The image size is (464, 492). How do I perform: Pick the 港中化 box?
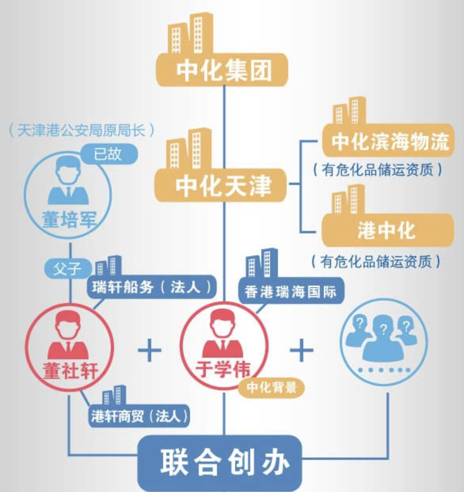click(x=387, y=230)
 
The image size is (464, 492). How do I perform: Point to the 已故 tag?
click(x=108, y=154)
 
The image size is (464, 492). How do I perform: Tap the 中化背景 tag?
click(x=272, y=387)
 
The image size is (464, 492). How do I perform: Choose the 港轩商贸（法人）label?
click(x=139, y=416)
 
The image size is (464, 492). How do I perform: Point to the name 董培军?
click(x=69, y=219)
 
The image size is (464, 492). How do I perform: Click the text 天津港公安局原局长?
click(x=81, y=130)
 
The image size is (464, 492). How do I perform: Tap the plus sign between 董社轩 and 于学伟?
click(x=149, y=350)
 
